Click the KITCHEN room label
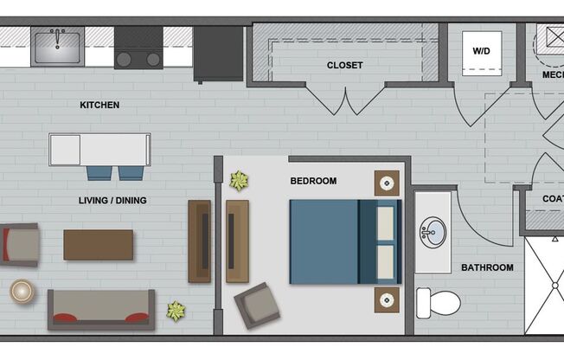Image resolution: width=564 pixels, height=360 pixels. tap(99, 106)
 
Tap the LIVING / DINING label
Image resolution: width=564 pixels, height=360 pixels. tap(112, 201)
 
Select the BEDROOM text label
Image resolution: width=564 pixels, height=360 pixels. tap(313, 181)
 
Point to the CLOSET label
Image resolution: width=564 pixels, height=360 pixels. tap(344, 65)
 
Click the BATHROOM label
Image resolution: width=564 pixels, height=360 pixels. tap(487, 267)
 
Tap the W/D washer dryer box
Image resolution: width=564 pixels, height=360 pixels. tap(481, 51)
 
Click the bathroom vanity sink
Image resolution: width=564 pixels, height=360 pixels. tap(432, 231)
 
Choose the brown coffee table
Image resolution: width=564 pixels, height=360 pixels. tap(98, 245)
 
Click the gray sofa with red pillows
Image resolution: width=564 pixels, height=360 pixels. tap(101, 309)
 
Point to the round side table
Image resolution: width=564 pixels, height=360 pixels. tap(22, 291)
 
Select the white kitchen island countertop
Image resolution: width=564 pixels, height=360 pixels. tap(99, 149)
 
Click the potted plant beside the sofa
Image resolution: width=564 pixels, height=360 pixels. tap(176, 311)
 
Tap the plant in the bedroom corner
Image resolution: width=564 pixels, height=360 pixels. tap(239, 181)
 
